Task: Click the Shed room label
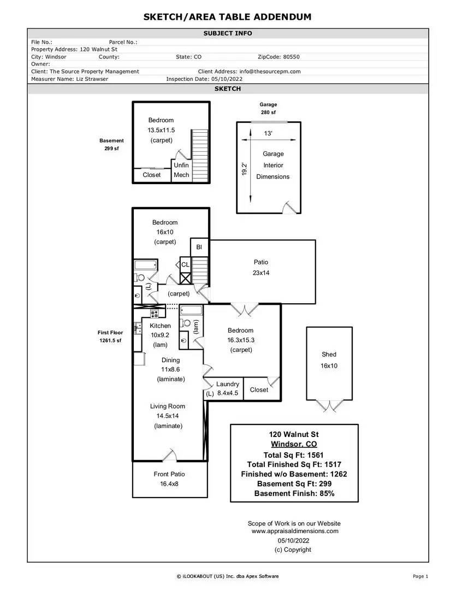[x=329, y=355]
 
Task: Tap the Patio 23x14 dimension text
[x=260, y=273]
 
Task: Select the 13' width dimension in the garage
[x=268, y=133]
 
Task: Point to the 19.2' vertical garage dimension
[x=244, y=169]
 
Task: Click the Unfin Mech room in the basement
[x=181, y=170]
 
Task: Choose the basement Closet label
[x=152, y=175]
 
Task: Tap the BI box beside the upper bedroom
[x=199, y=247]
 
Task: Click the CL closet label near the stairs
[x=185, y=264]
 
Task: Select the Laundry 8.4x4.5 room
[x=227, y=389]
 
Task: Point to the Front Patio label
[x=169, y=474]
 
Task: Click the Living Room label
[x=168, y=406]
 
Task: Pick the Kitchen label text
[x=160, y=326]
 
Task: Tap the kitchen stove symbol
[x=154, y=314]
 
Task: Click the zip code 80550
[x=292, y=57]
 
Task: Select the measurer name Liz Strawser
[x=92, y=79]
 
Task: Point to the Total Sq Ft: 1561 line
[x=293, y=455]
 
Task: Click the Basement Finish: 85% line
[x=294, y=493]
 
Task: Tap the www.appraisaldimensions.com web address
[x=295, y=531]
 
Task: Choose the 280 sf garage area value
[x=268, y=112]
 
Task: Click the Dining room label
[x=170, y=360]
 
